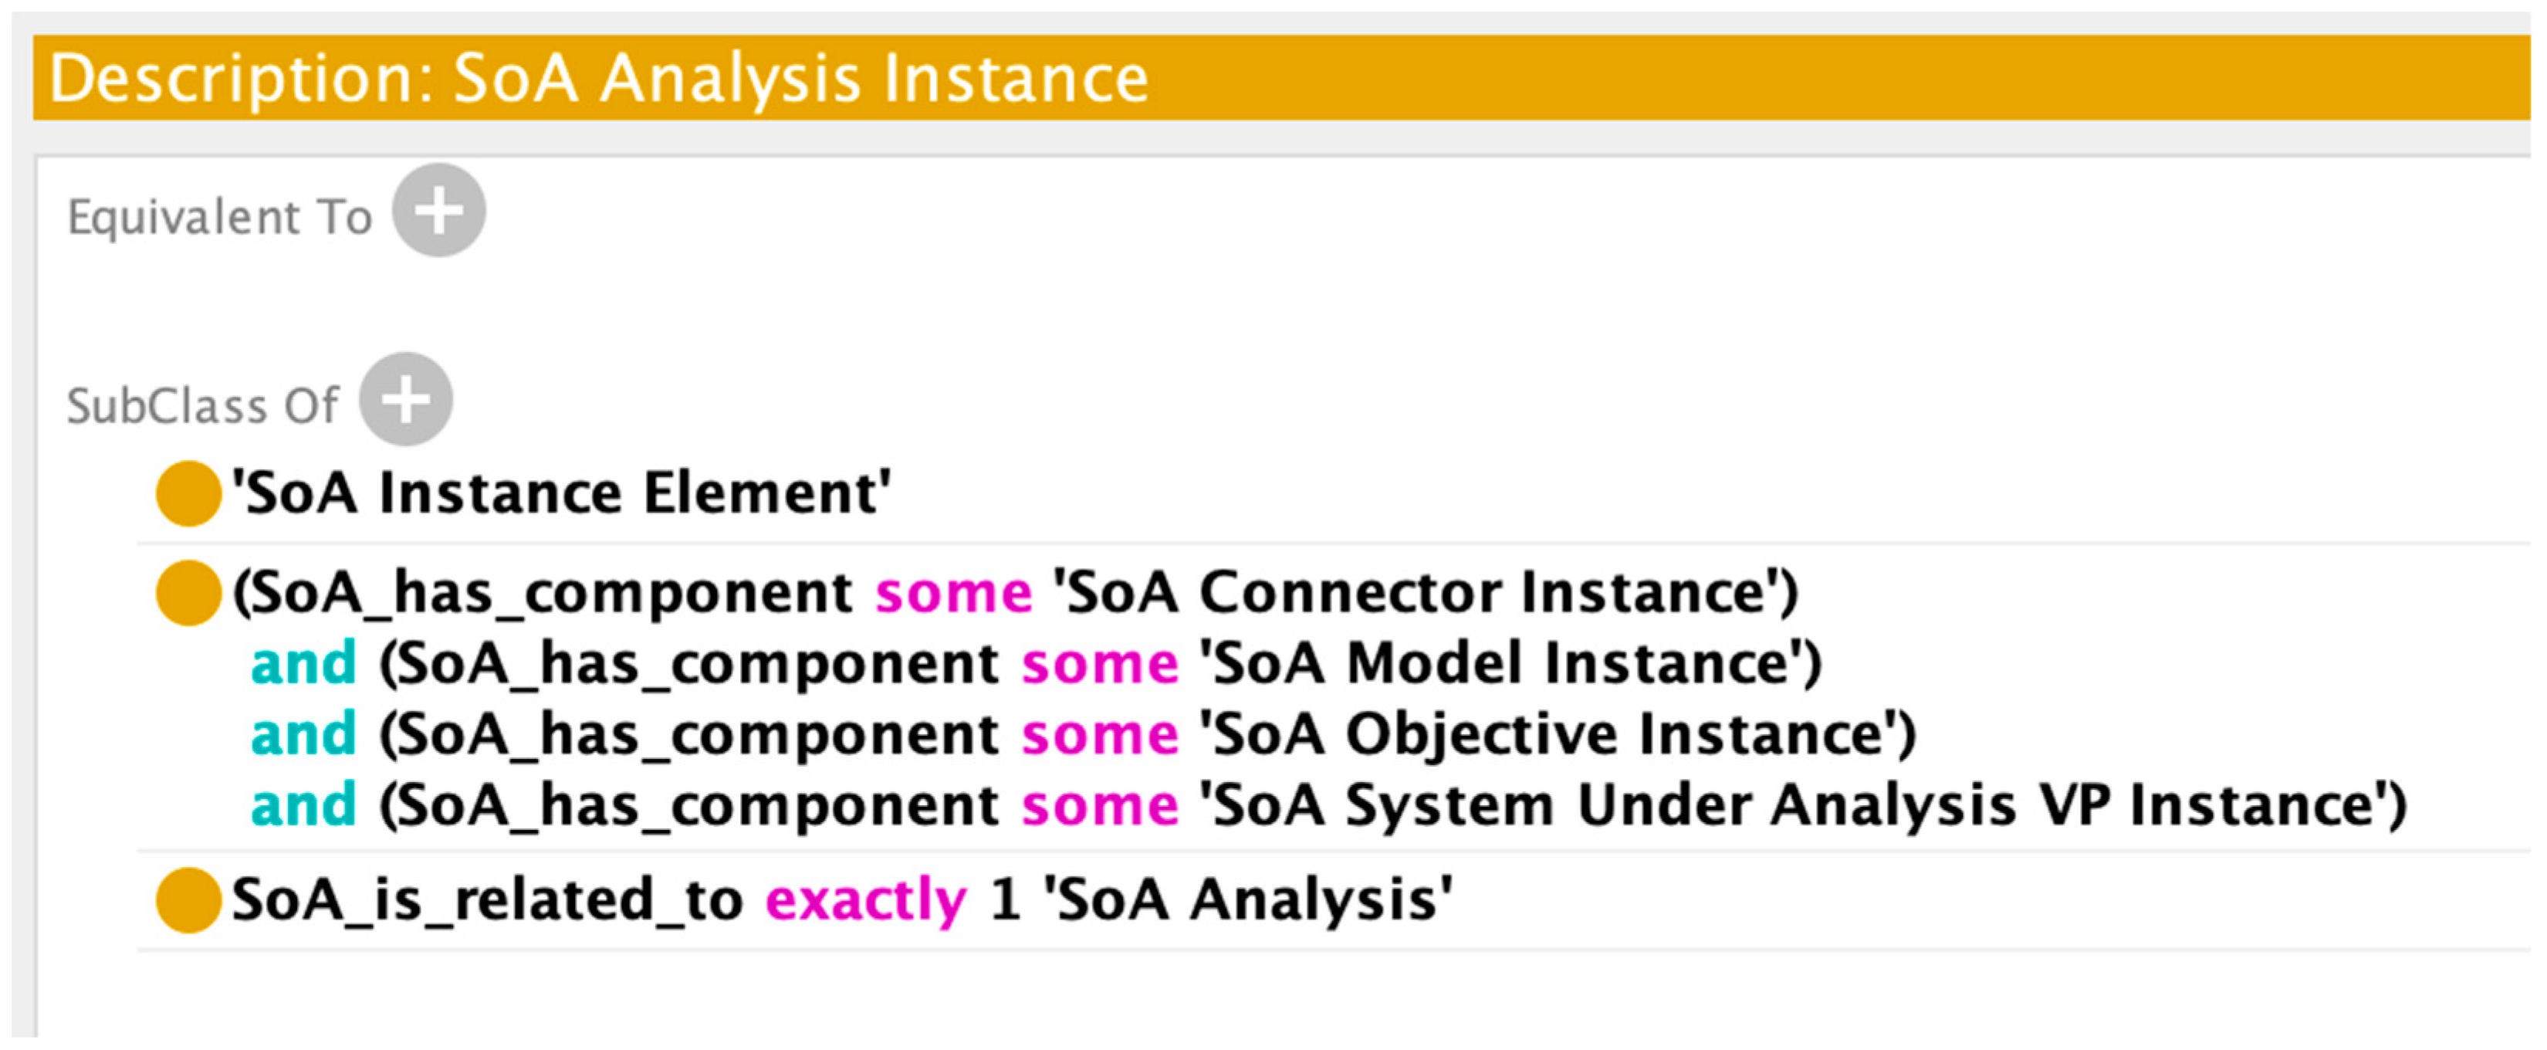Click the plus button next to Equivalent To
point(438,211)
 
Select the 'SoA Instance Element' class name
point(560,493)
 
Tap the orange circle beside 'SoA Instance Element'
point(188,493)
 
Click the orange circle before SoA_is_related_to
point(188,899)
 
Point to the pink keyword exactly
point(865,899)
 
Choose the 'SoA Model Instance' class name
point(1509,663)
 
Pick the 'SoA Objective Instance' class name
point(1556,734)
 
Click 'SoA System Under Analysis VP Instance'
point(1801,804)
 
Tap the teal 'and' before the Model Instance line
point(303,663)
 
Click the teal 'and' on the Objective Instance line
point(303,734)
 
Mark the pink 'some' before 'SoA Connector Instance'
point(953,593)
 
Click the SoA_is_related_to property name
point(486,899)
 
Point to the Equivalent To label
point(219,216)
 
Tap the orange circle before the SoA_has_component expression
point(188,593)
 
